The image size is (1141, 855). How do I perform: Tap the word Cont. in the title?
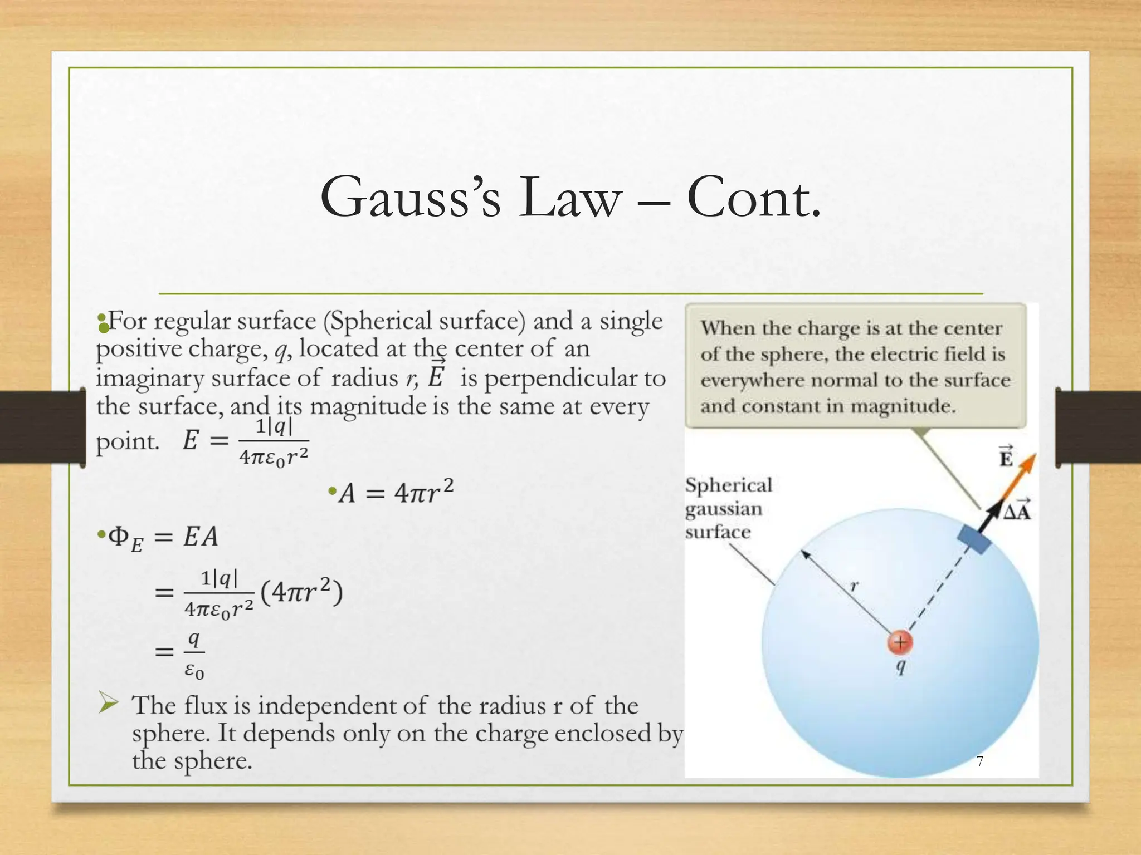[x=754, y=198]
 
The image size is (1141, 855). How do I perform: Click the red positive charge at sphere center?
[x=900, y=642]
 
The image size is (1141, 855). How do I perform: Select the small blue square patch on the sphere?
[x=974, y=537]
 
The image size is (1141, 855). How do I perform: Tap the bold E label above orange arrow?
[x=1006, y=458]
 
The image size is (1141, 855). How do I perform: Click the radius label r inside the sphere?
[x=854, y=586]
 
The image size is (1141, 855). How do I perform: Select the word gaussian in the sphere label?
[x=723, y=509]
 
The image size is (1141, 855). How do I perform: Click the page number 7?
[x=980, y=761]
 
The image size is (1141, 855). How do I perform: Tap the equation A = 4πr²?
[x=397, y=492]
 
